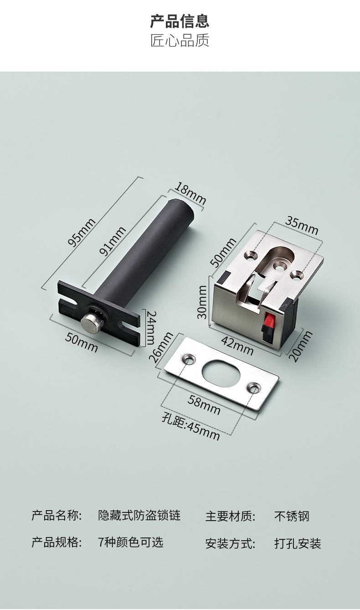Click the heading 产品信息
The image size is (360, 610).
pyautogui.click(x=180, y=21)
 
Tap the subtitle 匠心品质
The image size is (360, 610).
pyautogui.click(x=180, y=40)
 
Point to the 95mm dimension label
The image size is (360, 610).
pyautogui.click(x=82, y=233)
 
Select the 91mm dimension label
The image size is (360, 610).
pyautogui.click(x=113, y=241)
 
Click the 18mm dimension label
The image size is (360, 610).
pyautogui.click(x=190, y=193)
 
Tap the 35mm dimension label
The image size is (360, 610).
pyautogui.click(x=302, y=226)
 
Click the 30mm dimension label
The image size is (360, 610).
pyautogui.click(x=202, y=302)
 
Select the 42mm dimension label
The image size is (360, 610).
pyautogui.click(x=237, y=345)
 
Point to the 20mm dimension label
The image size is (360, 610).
pyautogui.click(x=301, y=346)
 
